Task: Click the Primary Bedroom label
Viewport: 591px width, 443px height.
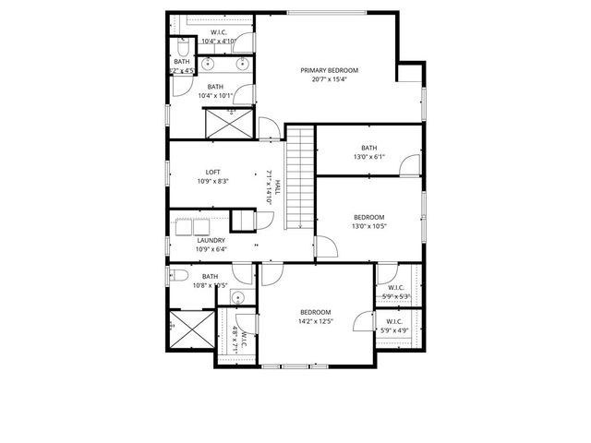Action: (x=329, y=70)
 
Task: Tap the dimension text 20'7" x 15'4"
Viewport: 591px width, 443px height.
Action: (x=329, y=80)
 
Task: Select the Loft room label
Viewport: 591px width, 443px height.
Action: (x=212, y=172)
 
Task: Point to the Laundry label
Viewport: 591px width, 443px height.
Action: (x=211, y=240)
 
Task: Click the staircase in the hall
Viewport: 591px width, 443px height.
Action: (x=299, y=179)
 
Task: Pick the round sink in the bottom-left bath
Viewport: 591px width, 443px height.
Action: (x=237, y=297)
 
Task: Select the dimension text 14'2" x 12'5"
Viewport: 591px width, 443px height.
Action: (x=315, y=322)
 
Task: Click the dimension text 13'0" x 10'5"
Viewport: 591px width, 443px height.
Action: (x=368, y=226)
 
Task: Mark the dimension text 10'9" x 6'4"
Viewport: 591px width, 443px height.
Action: (x=211, y=249)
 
